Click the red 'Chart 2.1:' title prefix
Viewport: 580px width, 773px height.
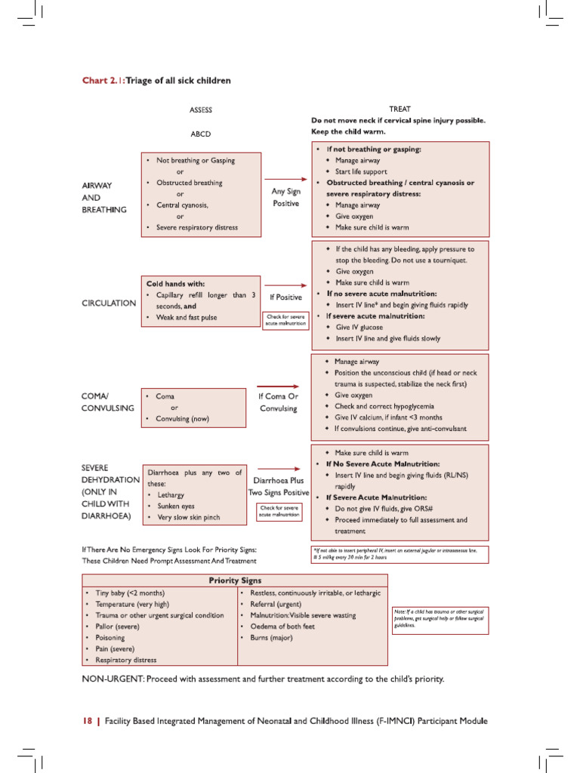[103, 81]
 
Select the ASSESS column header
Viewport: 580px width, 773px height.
[201, 109]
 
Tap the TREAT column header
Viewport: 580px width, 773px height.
[400, 109]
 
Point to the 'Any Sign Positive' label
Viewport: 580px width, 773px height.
[285, 197]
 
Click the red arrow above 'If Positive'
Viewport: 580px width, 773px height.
[285, 285]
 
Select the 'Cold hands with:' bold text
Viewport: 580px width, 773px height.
[175, 283]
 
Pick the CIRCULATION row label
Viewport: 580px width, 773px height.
[109, 303]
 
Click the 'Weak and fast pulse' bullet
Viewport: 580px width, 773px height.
[186, 318]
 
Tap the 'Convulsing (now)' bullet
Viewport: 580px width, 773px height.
[182, 418]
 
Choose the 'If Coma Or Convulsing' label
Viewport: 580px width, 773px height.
[279, 402]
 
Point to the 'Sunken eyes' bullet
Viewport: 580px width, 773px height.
[175, 506]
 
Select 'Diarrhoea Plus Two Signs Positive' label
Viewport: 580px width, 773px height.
[279, 486]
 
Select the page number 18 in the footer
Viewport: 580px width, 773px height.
[87, 721]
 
